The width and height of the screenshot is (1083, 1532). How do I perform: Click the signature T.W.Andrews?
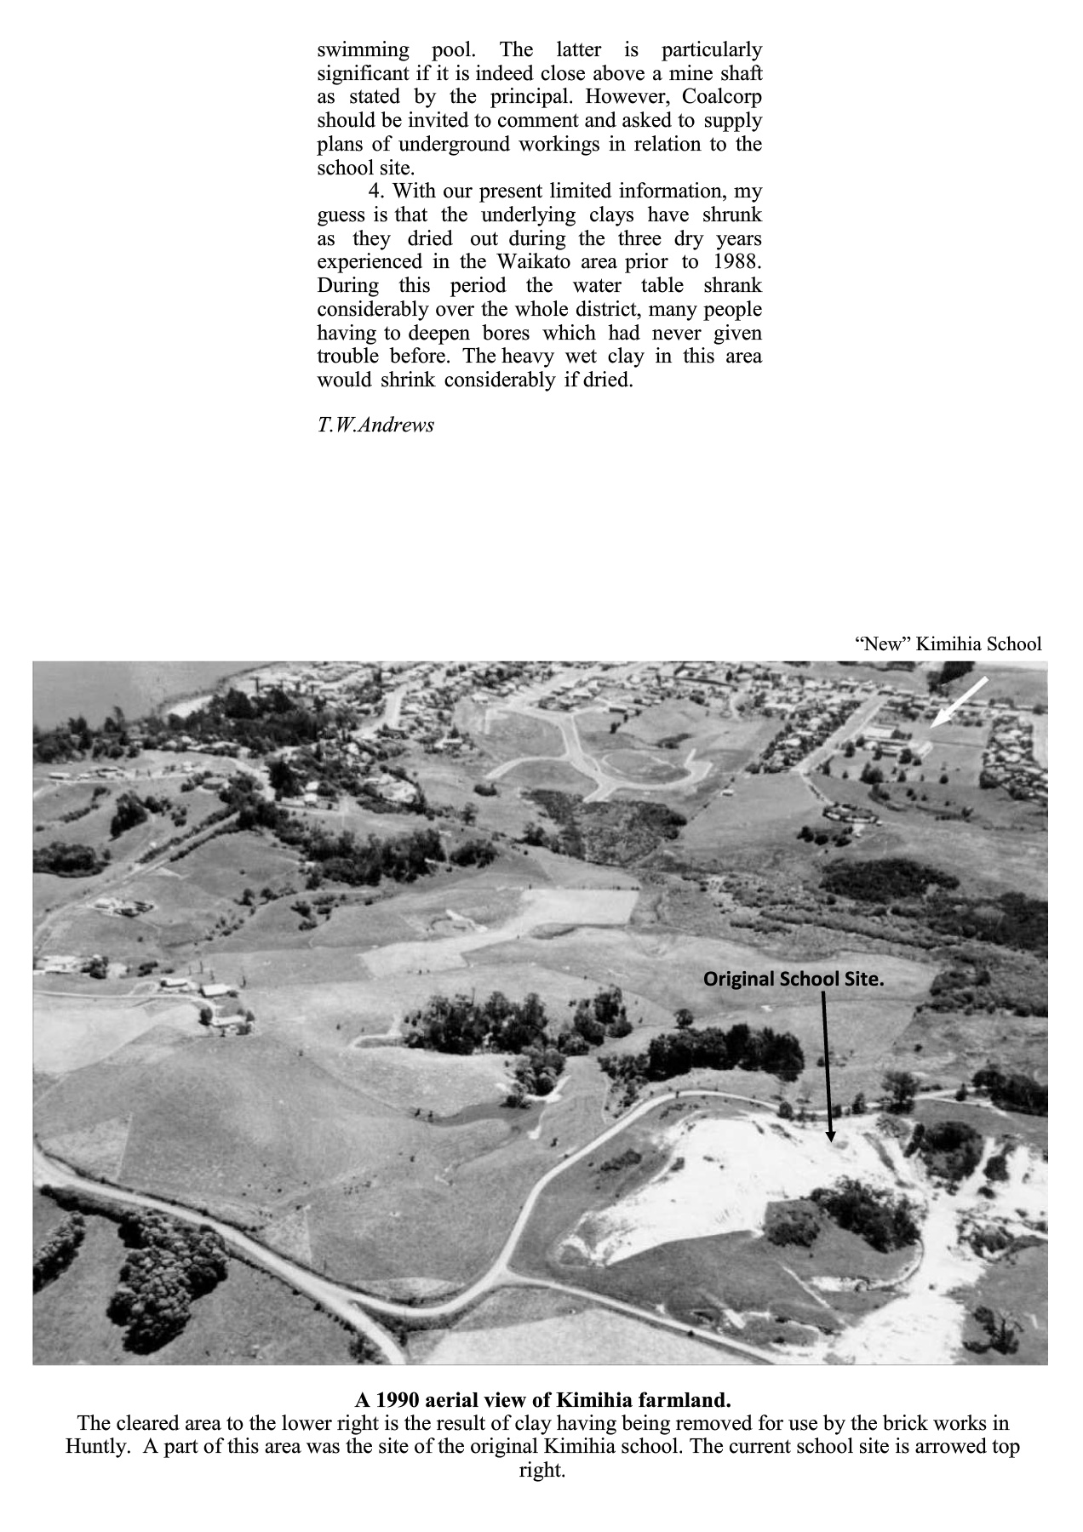(375, 425)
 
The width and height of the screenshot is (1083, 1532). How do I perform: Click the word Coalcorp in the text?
(722, 96)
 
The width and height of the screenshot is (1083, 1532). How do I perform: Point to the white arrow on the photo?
(959, 702)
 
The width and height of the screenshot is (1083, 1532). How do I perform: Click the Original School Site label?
(793, 979)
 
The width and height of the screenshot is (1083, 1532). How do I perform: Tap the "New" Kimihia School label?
(948, 643)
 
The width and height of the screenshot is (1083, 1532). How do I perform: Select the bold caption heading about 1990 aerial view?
(542, 1400)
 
